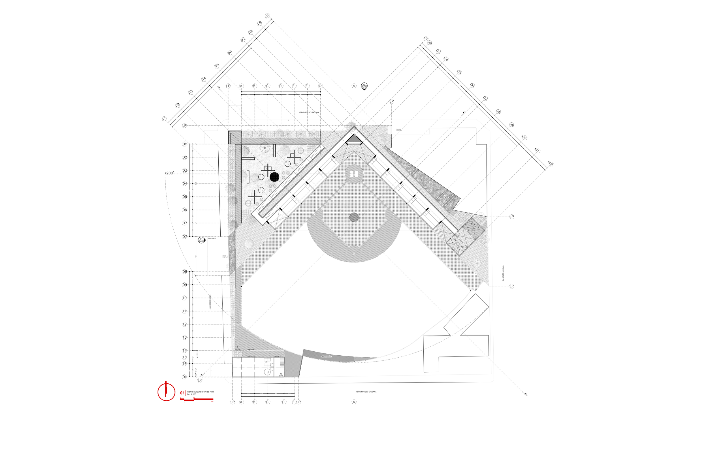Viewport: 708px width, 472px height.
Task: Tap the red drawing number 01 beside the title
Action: pyautogui.click(x=182, y=393)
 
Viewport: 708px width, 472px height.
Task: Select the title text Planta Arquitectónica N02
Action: pyautogui.click(x=200, y=392)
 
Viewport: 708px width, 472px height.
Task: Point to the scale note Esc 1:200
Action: pyautogui.click(x=191, y=394)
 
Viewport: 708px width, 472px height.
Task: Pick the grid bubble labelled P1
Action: pyautogui.click(x=164, y=119)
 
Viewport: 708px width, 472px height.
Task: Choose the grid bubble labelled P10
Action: pyautogui.click(x=267, y=15)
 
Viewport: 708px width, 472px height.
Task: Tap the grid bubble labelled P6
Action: pyautogui.click(x=230, y=53)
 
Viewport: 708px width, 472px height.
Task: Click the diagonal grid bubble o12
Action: pyautogui.click(x=550, y=163)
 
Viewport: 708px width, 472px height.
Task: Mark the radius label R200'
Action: pyautogui.click(x=169, y=173)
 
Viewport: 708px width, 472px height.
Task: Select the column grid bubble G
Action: pyautogui.click(x=320, y=86)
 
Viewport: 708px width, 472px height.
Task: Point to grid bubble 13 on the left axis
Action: pyautogui.click(x=185, y=338)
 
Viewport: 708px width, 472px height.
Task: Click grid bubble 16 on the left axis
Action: pyautogui.click(x=185, y=364)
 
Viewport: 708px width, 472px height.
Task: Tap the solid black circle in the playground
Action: pyautogui.click(x=274, y=177)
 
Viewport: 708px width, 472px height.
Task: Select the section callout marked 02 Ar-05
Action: pyautogui.click(x=364, y=86)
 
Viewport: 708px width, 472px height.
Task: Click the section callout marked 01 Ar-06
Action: pyautogui.click(x=201, y=240)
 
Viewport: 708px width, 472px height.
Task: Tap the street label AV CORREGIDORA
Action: pyautogui.click(x=210, y=302)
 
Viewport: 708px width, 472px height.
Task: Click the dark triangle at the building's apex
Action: pyautogui.click(x=354, y=139)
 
